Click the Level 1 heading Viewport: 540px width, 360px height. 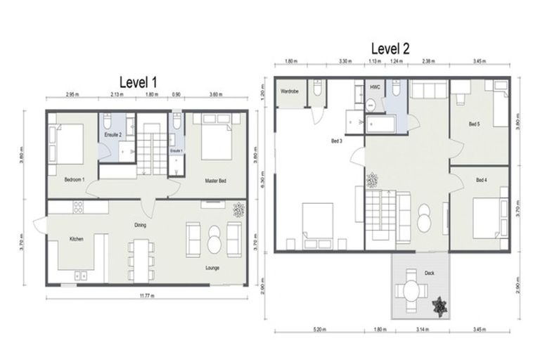point(138,82)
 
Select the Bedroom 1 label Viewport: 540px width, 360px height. point(74,179)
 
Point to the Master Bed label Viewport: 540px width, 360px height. point(216,181)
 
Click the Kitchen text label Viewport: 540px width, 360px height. point(77,239)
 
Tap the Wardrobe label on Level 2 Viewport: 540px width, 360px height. point(290,91)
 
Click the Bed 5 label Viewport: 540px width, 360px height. point(475,124)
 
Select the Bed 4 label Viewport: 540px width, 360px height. point(482,181)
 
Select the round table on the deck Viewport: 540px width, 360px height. point(411,290)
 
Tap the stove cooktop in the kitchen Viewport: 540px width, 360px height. point(77,207)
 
